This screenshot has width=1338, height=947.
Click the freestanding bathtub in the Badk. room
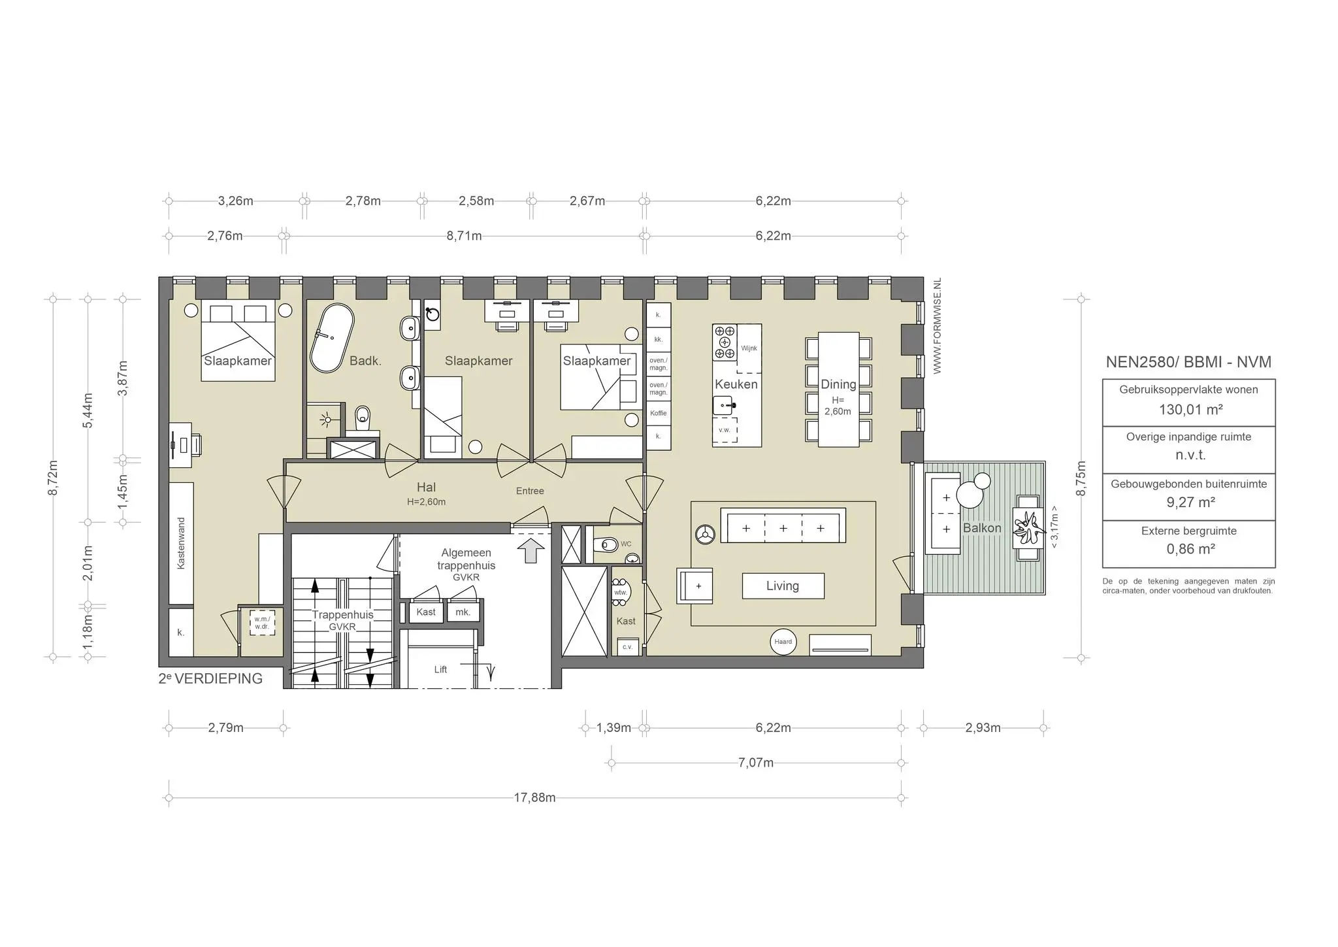pyautogui.click(x=332, y=340)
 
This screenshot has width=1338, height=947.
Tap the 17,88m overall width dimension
pyautogui.click(x=534, y=797)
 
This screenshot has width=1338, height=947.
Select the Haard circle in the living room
pyautogui.click(x=783, y=642)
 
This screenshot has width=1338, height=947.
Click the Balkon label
pyautogui.click(x=982, y=528)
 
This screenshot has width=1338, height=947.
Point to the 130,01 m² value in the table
pyautogui.click(x=1190, y=410)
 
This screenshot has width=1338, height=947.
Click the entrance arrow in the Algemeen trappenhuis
pyautogui.click(x=530, y=550)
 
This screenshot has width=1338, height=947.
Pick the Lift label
pyautogui.click(x=440, y=669)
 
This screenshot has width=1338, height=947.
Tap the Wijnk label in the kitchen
pyautogui.click(x=749, y=348)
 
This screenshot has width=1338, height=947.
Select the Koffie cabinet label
pyautogui.click(x=659, y=413)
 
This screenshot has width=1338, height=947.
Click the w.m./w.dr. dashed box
pyautogui.click(x=262, y=623)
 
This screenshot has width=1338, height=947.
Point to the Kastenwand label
pyautogui.click(x=181, y=543)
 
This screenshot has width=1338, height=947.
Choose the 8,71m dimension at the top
pyautogui.click(x=465, y=235)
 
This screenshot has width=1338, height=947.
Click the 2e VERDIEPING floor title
pyautogui.click(x=210, y=678)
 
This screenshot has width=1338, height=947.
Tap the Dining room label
pyautogui.click(x=838, y=384)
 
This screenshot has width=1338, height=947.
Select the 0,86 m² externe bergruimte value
pyautogui.click(x=1190, y=549)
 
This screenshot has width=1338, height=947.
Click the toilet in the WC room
pyautogui.click(x=606, y=544)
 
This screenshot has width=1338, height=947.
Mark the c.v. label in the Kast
pyautogui.click(x=627, y=647)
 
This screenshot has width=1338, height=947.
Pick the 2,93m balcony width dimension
pyautogui.click(x=983, y=727)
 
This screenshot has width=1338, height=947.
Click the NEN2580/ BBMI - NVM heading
pyautogui.click(x=1188, y=362)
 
